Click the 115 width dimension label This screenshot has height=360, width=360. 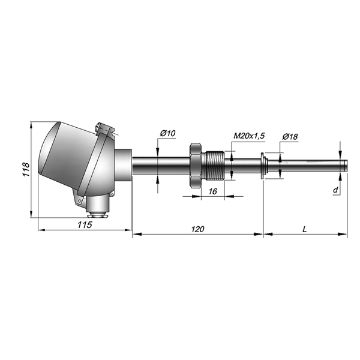pyautogui.click(x=84, y=225)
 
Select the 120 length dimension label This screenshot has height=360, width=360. pyautogui.click(x=197, y=229)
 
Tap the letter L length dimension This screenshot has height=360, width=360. pyautogui.click(x=305, y=229)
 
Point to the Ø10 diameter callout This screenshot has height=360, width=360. pyautogui.click(x=167, y=133)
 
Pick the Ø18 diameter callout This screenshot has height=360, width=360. pyautogui.click(x=290, y=137)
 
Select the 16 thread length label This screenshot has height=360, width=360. pyautogui.click(x=212, y=191)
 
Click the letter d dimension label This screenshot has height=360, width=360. pyautogui.click(x=335, y=190)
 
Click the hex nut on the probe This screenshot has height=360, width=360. pyautogui.click(x=194, y=165)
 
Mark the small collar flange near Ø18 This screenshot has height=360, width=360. pyautogui.click(x=264, y=165)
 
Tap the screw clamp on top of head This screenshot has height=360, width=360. pyautogui.click(x=104, y=128)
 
